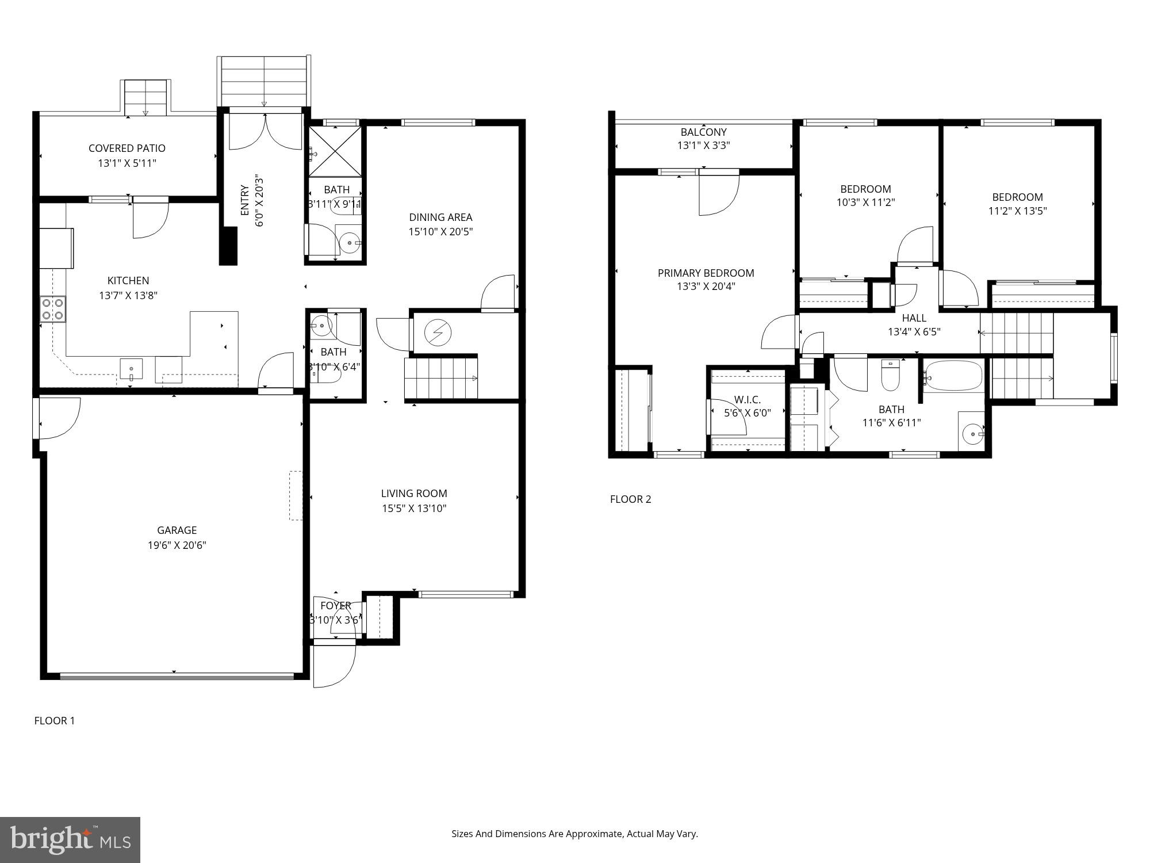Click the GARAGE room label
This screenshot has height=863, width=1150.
click(x=177, y=530)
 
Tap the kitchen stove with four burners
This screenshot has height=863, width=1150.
click(x=52, y=309)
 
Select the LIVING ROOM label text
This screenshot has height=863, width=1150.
click(x=413, y=493)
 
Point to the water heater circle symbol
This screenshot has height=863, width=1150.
click(x=438, y=332)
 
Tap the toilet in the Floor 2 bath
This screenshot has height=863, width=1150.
click(x=890, y=375)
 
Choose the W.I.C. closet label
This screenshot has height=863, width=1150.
click(x=747, y=399)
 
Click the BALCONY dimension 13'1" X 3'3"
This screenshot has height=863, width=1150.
click(x=703, y=146)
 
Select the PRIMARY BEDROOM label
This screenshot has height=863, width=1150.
click(x=706, y=273)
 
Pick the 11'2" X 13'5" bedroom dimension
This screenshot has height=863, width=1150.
click(x=1017, y=211)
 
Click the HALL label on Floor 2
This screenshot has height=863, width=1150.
click(x=914, y=318)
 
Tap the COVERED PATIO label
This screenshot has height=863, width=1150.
click(x=126, y=148)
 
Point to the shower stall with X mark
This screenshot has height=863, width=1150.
click(x=335, y=151)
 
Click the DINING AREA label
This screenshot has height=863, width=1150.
click(x=440, y=217)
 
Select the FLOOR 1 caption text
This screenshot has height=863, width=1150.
click(x=55, y=720)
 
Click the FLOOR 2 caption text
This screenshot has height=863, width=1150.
click(x=630, y=499)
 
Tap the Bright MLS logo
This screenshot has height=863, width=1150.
click(x=70, y=839)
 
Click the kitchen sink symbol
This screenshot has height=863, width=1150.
click(x=131, y=369)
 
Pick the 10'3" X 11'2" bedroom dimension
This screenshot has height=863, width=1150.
click(x=865, y=203)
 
